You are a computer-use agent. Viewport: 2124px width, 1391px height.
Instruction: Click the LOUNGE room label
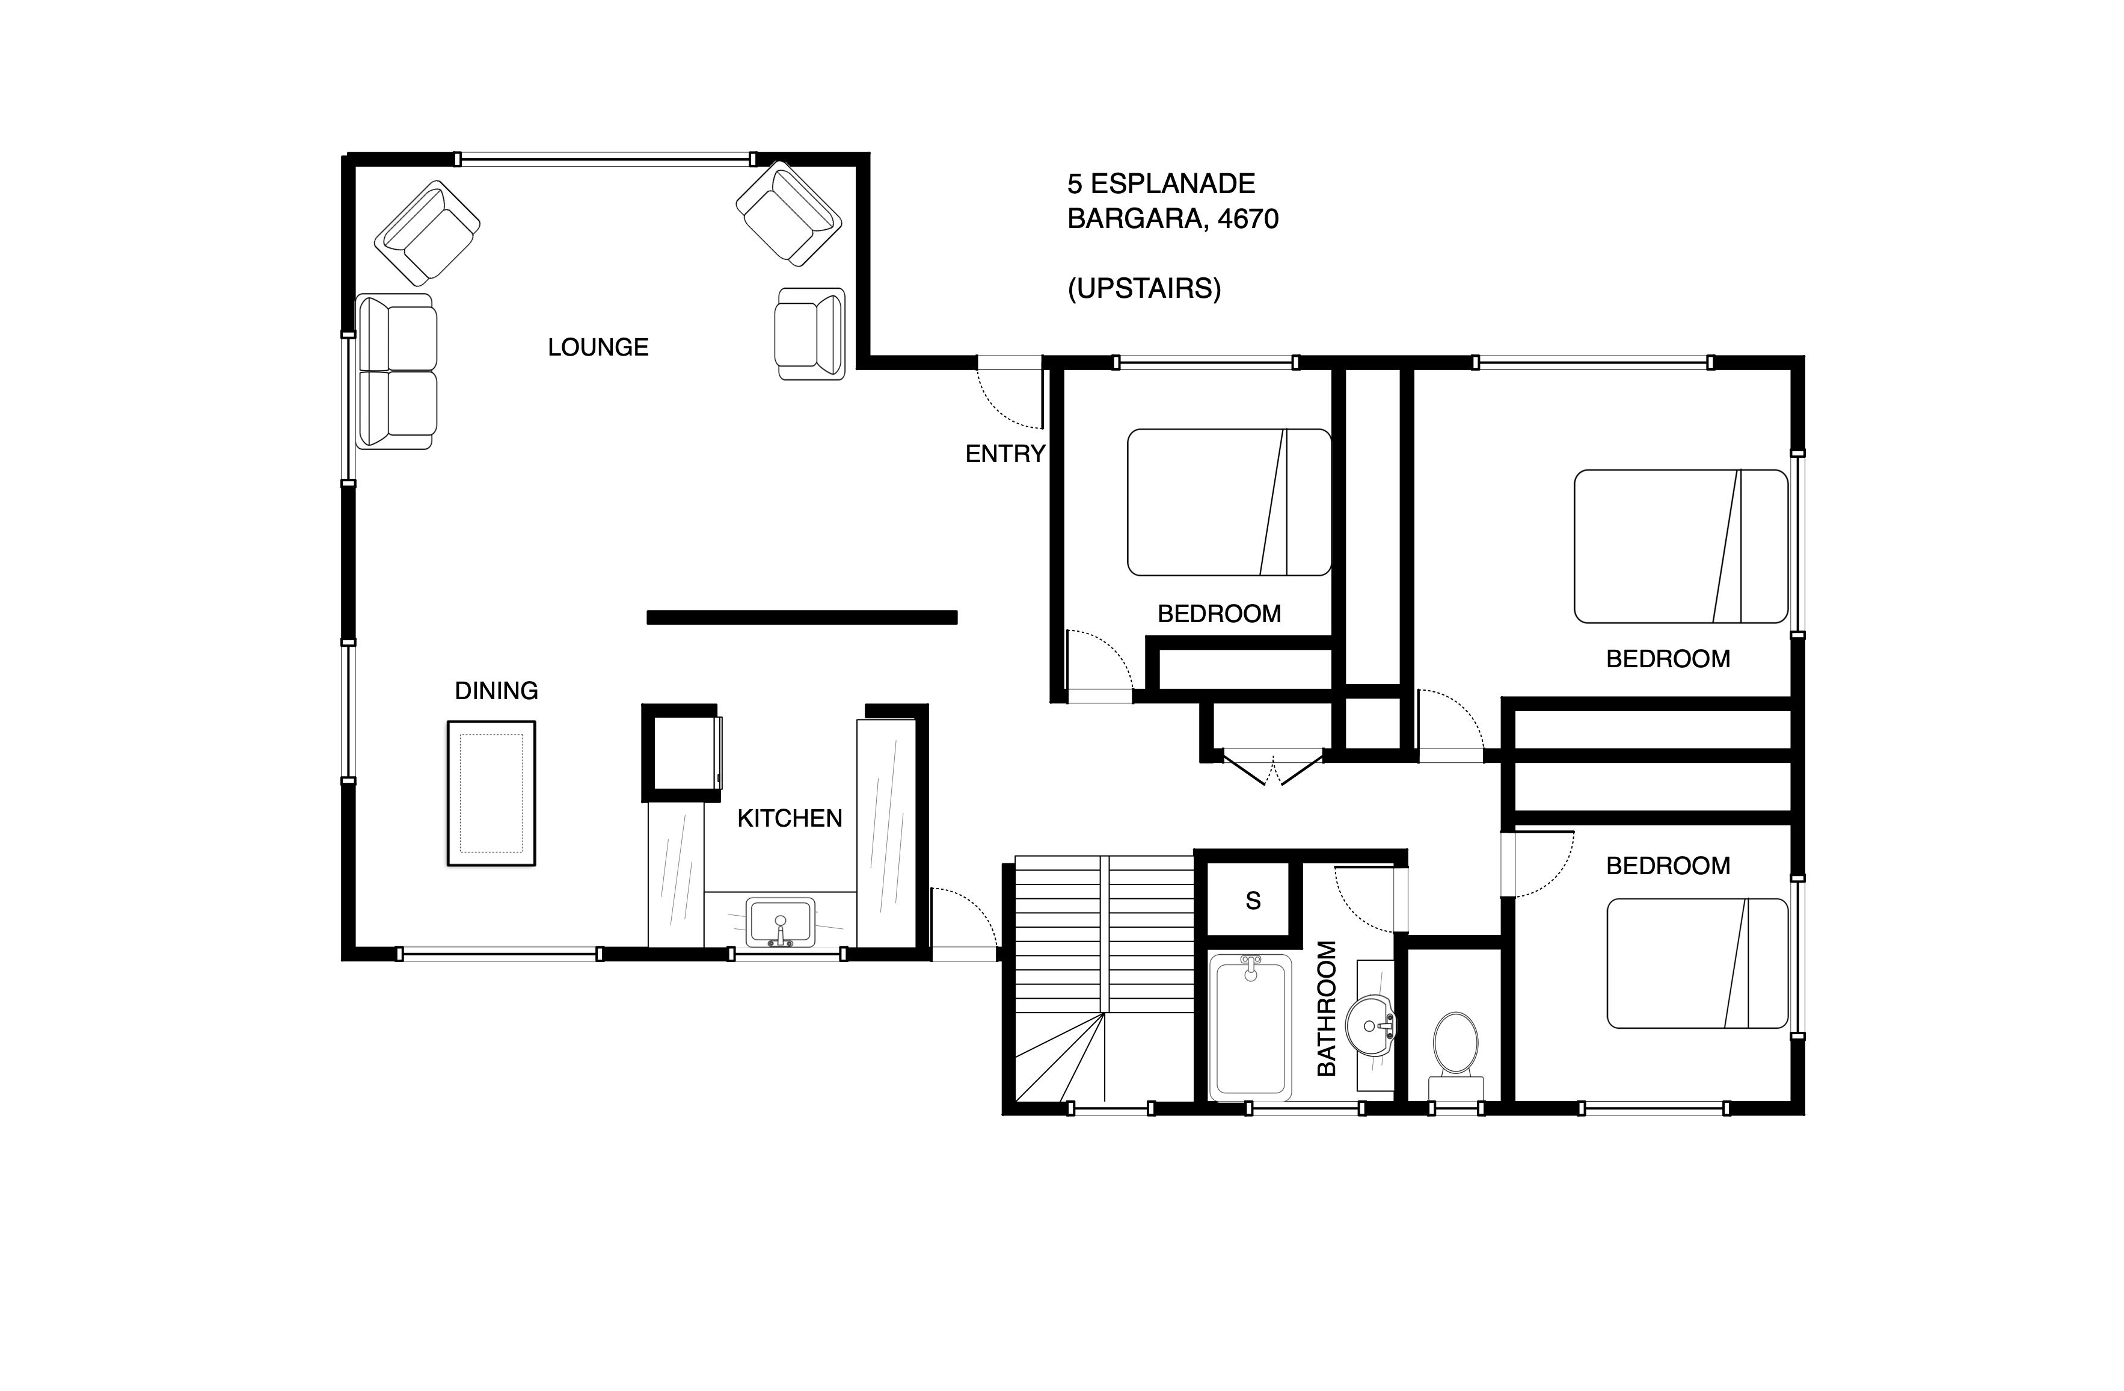click(598, 347)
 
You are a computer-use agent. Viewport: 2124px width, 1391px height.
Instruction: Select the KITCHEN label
click(790, 819)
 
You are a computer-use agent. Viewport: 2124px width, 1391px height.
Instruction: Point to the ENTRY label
click(1005, 454)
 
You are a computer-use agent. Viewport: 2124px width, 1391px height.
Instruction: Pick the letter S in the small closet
click(1253, 902)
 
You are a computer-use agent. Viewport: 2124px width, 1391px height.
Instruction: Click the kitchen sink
click(781, 922)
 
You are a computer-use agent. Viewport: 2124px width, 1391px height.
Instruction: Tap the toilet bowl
click(1455, 1043)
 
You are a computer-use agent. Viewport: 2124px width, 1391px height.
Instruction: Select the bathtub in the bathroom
click(1250, 1027)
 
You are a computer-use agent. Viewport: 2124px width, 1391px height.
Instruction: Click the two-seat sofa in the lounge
click(396, 371)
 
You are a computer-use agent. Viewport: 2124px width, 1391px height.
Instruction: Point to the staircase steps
click(1104, 979)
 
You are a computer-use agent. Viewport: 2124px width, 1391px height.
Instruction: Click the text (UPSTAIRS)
click(1144, 288)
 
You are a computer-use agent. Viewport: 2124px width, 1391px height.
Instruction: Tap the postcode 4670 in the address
click(1248, 219)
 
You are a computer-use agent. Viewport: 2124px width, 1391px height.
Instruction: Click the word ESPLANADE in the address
click(1173, 184)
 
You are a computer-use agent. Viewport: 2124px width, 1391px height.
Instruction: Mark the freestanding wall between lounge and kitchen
click(802, 617)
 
